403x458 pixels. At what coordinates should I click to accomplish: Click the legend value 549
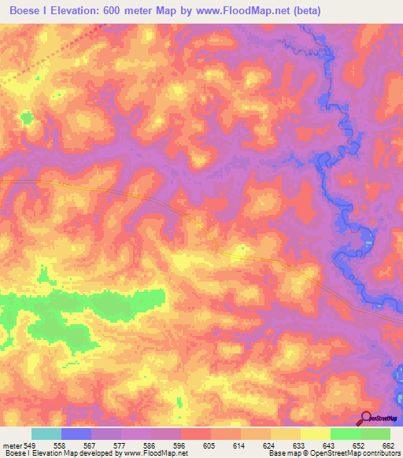point(30,445)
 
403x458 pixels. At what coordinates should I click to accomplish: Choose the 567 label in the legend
point(91,445)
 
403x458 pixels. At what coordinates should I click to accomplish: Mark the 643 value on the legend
point(329,445)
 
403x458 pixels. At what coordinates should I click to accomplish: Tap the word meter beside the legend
point(11,445)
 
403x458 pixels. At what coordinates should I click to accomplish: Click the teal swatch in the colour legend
point(46,434)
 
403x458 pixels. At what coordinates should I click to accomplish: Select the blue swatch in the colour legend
point(76,434)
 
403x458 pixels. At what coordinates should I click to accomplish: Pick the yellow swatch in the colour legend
point(315,434)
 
